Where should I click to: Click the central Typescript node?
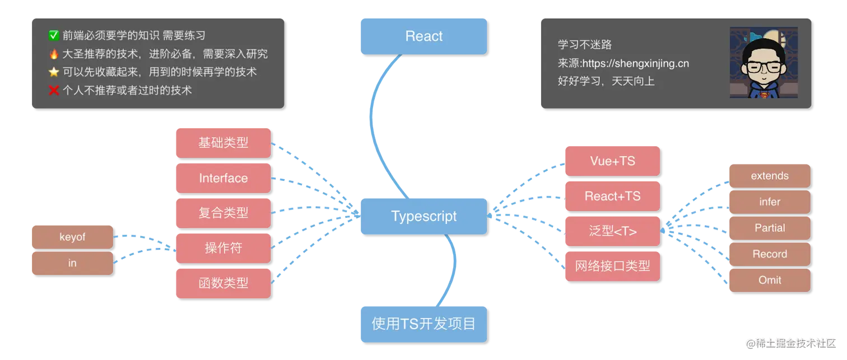(423, 216)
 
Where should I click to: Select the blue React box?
(423, 36)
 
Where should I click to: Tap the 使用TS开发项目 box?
(423, 324)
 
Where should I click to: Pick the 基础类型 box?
(223, 142)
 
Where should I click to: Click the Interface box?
(223, 178)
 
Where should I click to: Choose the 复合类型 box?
(223, 213)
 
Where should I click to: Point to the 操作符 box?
(223, 248)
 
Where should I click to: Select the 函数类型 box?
(223, 283)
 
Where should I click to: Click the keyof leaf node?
(72, 237)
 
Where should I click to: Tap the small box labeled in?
(72, 263)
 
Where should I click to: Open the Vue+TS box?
(612, 161)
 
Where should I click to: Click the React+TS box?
(612, 196)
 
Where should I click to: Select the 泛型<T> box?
(612, 231)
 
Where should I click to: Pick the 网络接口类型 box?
(612, 265)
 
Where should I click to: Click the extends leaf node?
(769, 176)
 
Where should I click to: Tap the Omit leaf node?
(769, 280)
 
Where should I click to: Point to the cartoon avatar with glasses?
(763, 63)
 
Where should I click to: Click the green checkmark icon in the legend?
(54, 36)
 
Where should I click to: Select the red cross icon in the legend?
(54, 90)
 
